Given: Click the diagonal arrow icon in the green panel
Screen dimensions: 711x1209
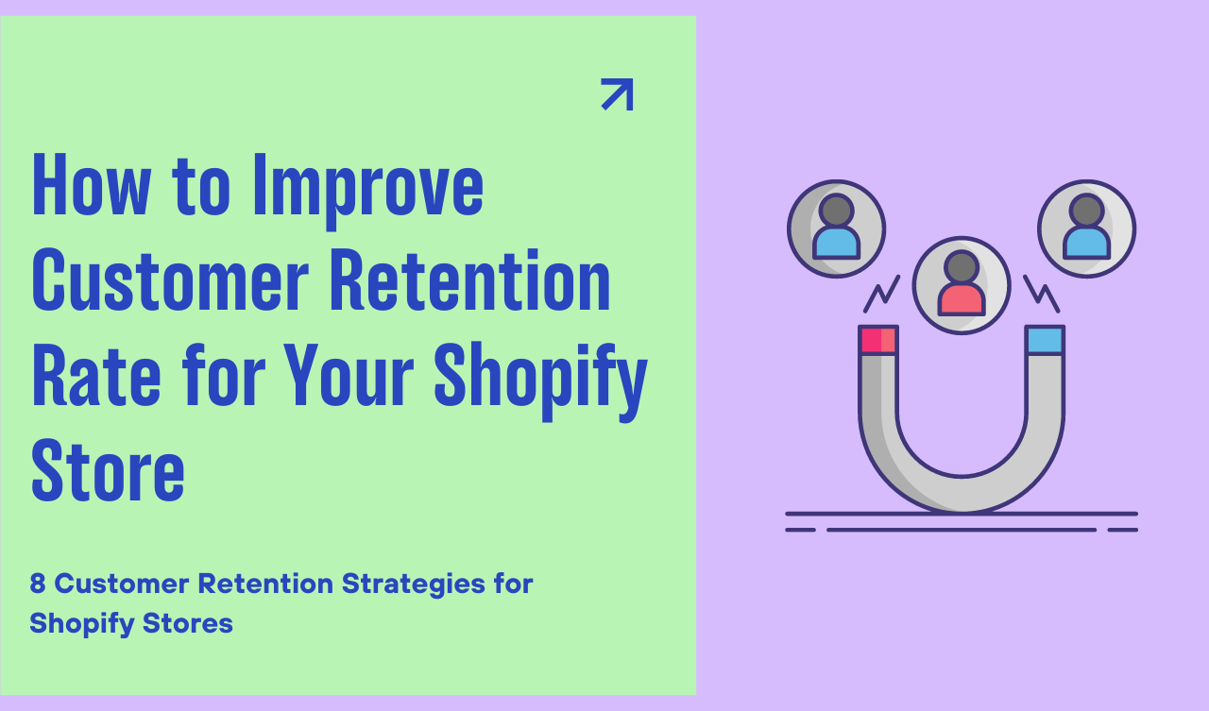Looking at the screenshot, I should [617, 94].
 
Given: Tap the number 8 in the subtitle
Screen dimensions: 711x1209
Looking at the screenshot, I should [38, 584].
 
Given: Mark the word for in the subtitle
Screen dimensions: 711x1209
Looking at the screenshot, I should [513, 584].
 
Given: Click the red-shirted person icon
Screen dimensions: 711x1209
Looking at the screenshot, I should [962, 284].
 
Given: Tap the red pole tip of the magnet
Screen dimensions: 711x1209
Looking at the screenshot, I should [877, 340].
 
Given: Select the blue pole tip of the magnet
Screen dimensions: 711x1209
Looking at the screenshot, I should [1046, 340].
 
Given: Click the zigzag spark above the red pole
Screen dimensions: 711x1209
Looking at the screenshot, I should [881, 295].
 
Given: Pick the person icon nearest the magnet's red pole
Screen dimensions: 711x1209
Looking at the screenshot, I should [836, 229].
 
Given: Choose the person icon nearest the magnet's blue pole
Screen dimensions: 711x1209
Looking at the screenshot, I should [1086, 229].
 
